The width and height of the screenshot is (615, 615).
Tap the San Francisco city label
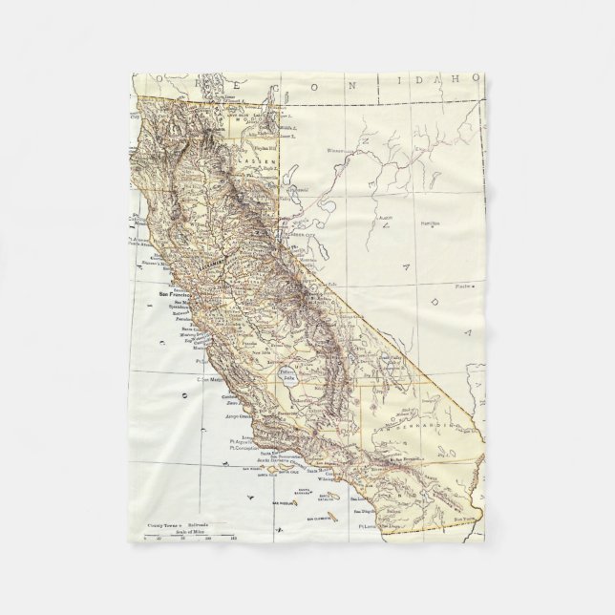click(x=180, y=296)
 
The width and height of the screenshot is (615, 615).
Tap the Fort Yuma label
click(x=467, y=514)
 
